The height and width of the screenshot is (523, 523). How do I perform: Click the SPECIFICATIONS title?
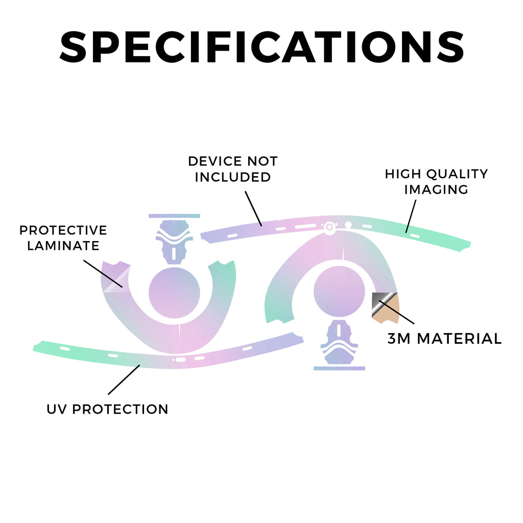click(262, 47)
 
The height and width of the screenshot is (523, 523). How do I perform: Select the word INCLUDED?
click(233, 177)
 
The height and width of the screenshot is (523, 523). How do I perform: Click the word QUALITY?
click(457, 174)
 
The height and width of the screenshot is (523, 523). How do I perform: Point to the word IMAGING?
click(436, 189)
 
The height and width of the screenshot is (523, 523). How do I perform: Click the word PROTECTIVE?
click(63, 230)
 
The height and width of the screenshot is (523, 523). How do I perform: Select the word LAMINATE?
click(63, 246)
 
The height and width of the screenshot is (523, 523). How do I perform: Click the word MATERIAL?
click(459, 339)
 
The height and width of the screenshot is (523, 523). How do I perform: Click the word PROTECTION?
click(120, 409)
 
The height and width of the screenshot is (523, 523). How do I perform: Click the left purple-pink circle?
click(174, 293)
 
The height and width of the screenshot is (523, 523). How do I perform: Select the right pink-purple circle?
click(339, 291)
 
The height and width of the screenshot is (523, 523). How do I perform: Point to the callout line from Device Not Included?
click(253, 208)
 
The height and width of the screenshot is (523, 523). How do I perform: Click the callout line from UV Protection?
click(124, 379)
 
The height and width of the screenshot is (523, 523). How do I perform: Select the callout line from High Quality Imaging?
click(411, 216)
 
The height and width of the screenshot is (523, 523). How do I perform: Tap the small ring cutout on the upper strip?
click(329, 227)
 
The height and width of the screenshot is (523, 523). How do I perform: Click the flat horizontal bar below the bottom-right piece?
click(339, 368)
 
